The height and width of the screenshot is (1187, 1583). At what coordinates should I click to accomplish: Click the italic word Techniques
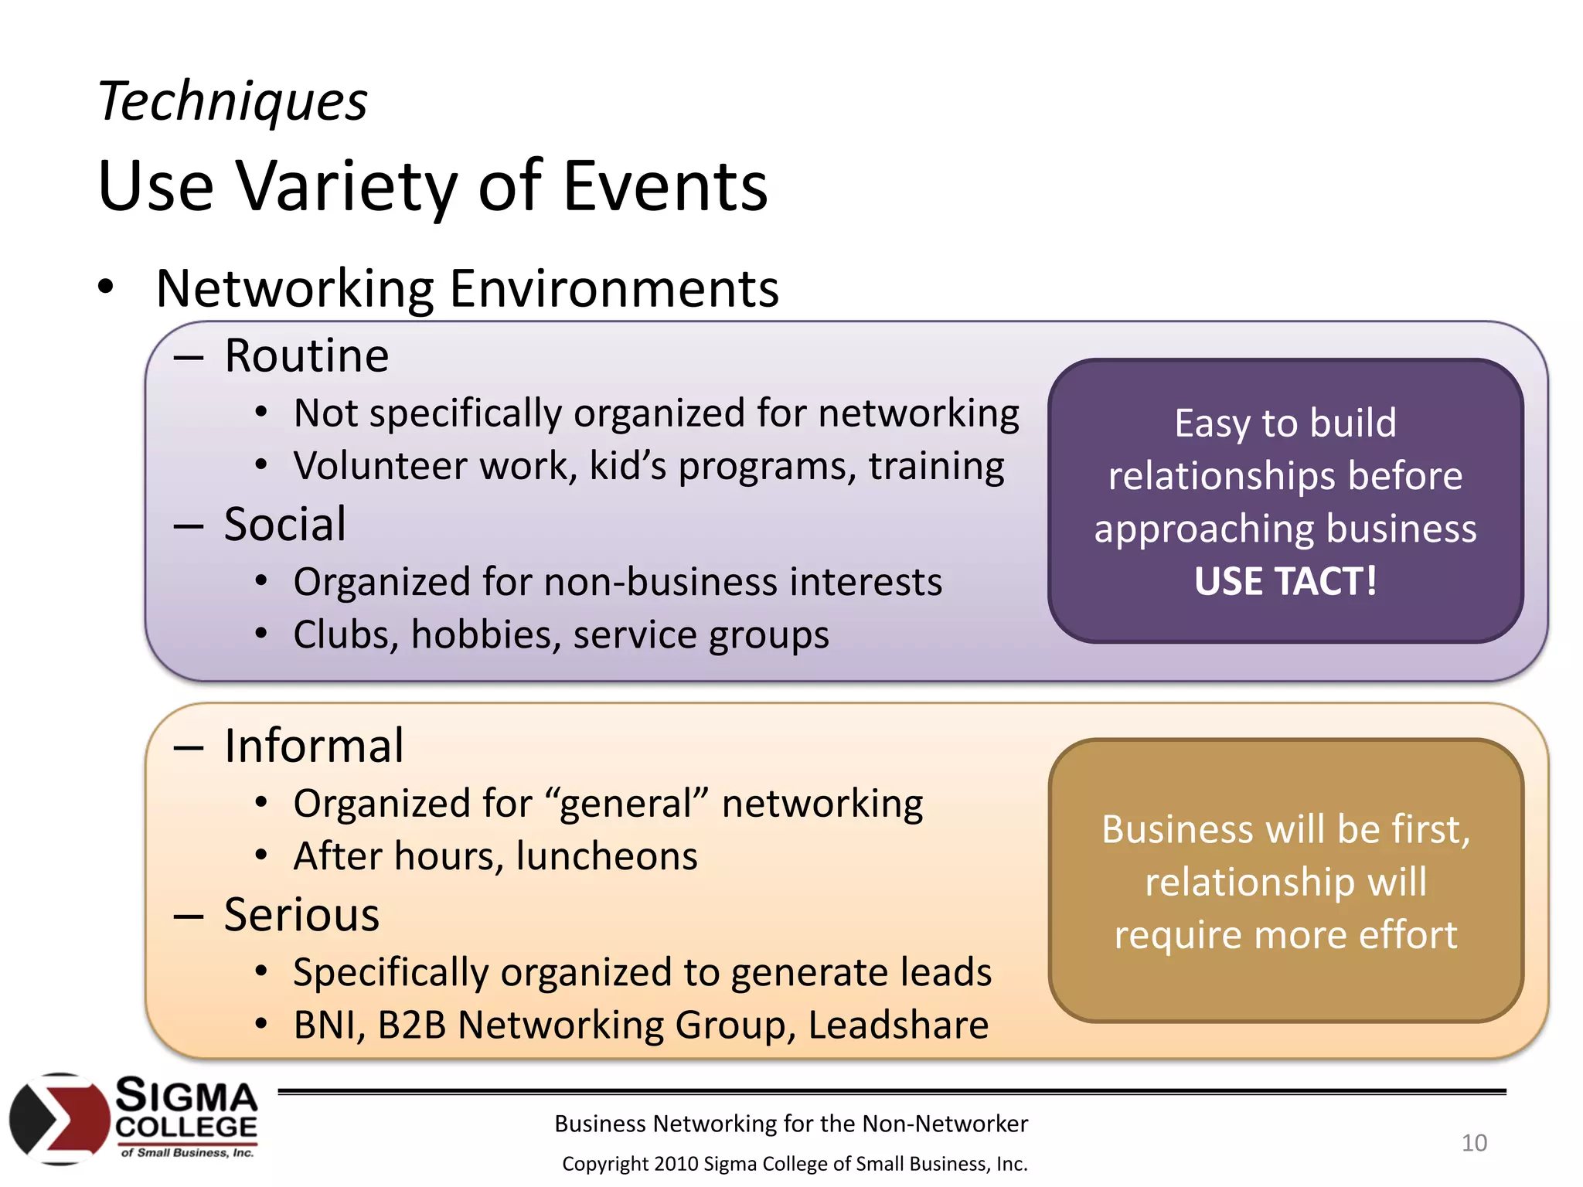tap(233, 101)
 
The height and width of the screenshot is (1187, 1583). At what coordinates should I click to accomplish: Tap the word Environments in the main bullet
tap(614, 288)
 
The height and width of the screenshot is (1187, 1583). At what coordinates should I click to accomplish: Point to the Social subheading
tap(284, 524)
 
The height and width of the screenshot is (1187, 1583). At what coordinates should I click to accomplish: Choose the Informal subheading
tap(314, 746)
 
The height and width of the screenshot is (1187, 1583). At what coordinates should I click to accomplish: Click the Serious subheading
tap(301, 915)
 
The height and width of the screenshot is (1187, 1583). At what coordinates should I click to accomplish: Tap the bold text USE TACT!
tap(1285, 581)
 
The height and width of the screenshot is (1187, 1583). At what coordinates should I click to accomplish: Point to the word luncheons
tap(607, 856)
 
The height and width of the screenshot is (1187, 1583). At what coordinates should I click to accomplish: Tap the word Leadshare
tap(897, 1025)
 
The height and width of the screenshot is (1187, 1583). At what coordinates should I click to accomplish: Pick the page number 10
tap(1473, 1142)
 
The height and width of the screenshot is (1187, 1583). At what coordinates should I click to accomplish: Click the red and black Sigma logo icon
tap(59, 1118)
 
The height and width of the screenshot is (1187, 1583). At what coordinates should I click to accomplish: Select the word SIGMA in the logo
tap(186, 1096)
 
